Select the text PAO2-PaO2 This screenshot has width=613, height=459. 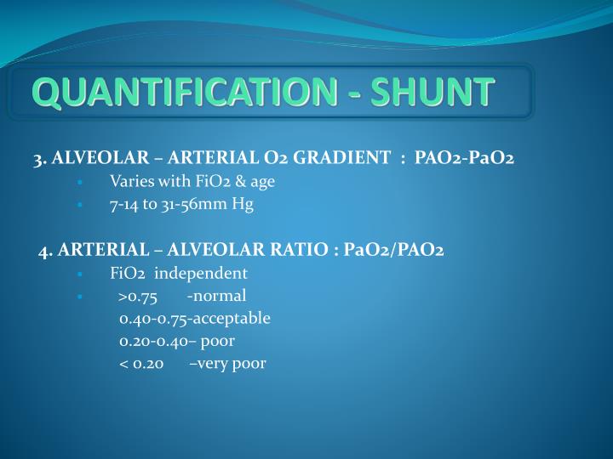[x=464, y=159]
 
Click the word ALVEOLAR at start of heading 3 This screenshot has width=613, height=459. [x=94, y=159]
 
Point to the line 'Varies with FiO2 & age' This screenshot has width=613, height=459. [x=192, y=182]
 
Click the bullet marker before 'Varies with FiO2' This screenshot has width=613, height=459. [x=78, y=183]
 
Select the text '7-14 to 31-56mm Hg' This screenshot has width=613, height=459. [x=181, y=205]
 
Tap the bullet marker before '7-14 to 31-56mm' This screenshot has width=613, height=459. [x=78, y=206]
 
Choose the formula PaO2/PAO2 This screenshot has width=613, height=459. [x=392, y=251]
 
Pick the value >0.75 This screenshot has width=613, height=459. [x=139, y=297]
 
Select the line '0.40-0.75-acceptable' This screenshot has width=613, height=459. [x=195, y=319]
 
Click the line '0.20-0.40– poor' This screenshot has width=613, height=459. [x=177, y=341]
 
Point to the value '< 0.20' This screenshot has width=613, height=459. [x=141, y=364]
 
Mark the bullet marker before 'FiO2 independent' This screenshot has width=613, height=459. [x=78, y=275]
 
